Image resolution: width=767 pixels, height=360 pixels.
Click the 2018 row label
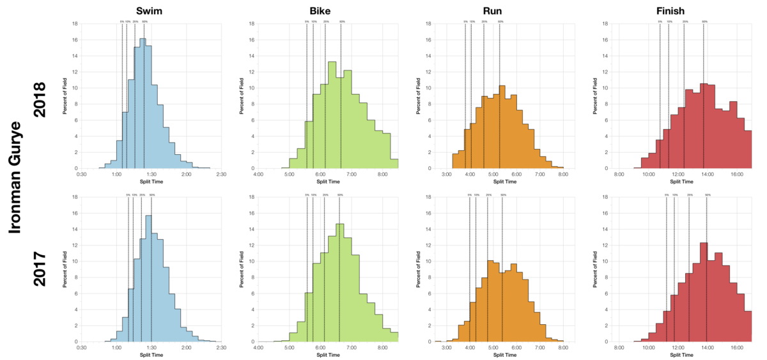coord(40,100)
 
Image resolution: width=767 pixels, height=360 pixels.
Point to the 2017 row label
coord(40,269)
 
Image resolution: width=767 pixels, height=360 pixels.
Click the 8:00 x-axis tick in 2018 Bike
coord(382,174)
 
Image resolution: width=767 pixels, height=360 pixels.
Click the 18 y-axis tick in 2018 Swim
coord(75,24)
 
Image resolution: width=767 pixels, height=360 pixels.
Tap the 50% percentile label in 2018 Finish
coord(704,22)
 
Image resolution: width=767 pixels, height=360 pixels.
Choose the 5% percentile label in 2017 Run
coord(469,195)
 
